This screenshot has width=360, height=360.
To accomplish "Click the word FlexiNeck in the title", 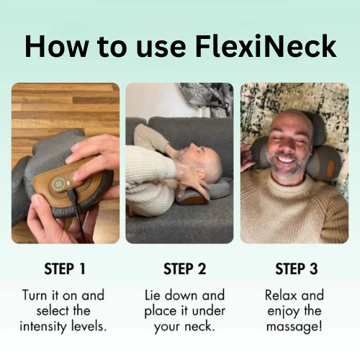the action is tap(266, 46).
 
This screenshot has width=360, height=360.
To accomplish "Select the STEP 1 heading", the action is tap(65, 269).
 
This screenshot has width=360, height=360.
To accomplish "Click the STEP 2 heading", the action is tap(185, 269).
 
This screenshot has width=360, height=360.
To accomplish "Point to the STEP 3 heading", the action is tap(297, 269).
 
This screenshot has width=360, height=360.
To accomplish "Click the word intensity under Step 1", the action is tap(43, 326).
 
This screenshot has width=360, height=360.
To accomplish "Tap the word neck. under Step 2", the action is tap(199, 326).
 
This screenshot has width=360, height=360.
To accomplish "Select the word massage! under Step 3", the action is tap(294, 327).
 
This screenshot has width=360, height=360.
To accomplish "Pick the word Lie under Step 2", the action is tap(153, 295).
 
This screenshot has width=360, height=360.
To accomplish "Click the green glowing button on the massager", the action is tap(58, 184).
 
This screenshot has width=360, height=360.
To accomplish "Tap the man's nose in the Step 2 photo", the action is tap(192, 145).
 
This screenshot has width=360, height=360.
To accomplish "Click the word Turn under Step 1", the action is tap(35, 295).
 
